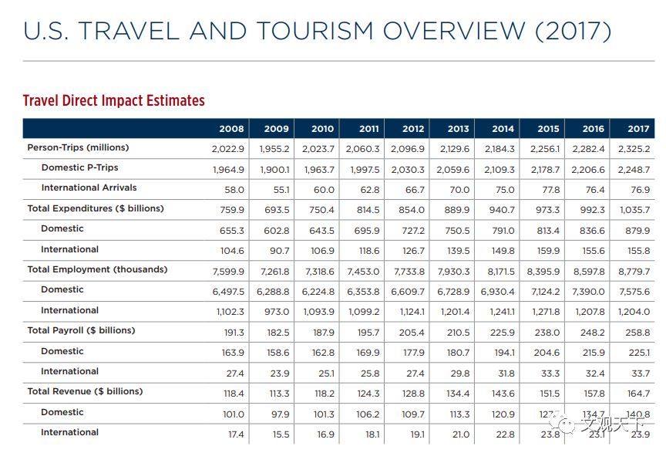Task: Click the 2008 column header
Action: coord(231,129)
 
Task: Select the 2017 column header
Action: coord(638,129)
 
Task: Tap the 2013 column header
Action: coord(458,129)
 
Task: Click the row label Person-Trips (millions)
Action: coord(78,147)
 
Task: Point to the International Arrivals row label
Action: coord(89,188)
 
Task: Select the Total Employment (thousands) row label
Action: coord(96,269)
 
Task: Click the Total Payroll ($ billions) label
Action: coord(81,330)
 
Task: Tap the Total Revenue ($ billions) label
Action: coord(85,391)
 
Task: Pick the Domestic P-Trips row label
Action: coord(79,167)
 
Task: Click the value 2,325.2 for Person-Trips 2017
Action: coord(635,148)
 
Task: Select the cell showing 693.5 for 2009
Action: coord(276,209)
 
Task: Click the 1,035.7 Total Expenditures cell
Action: coord(635,209)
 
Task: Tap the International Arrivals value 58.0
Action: coord(234,189)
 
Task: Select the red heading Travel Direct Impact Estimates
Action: coord(113,100)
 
